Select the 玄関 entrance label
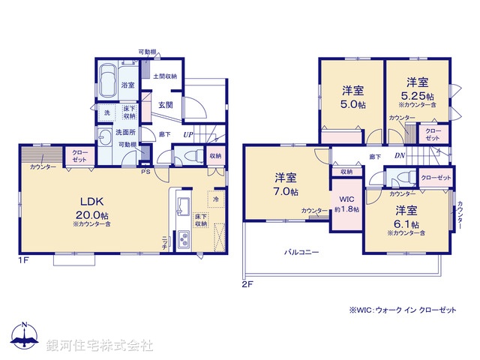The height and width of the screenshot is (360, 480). pyautogui.click(x=165, y=104)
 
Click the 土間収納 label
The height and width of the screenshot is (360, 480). pyautogui.click(x=165, y=76)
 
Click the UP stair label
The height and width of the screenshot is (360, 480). pyautogui.click(x=188, y=135)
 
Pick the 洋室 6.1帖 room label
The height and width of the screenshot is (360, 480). pyautogui.click(x=406, y=217)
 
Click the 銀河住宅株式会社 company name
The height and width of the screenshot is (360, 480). pyautogui.click(x=99, y=345)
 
